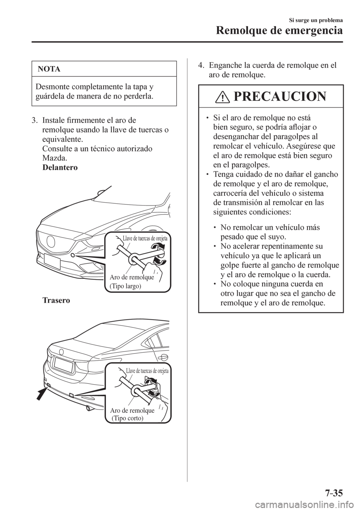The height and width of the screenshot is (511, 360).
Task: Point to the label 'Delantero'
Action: coord(60,168)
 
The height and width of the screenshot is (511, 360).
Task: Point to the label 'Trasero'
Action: coord(56,301)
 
